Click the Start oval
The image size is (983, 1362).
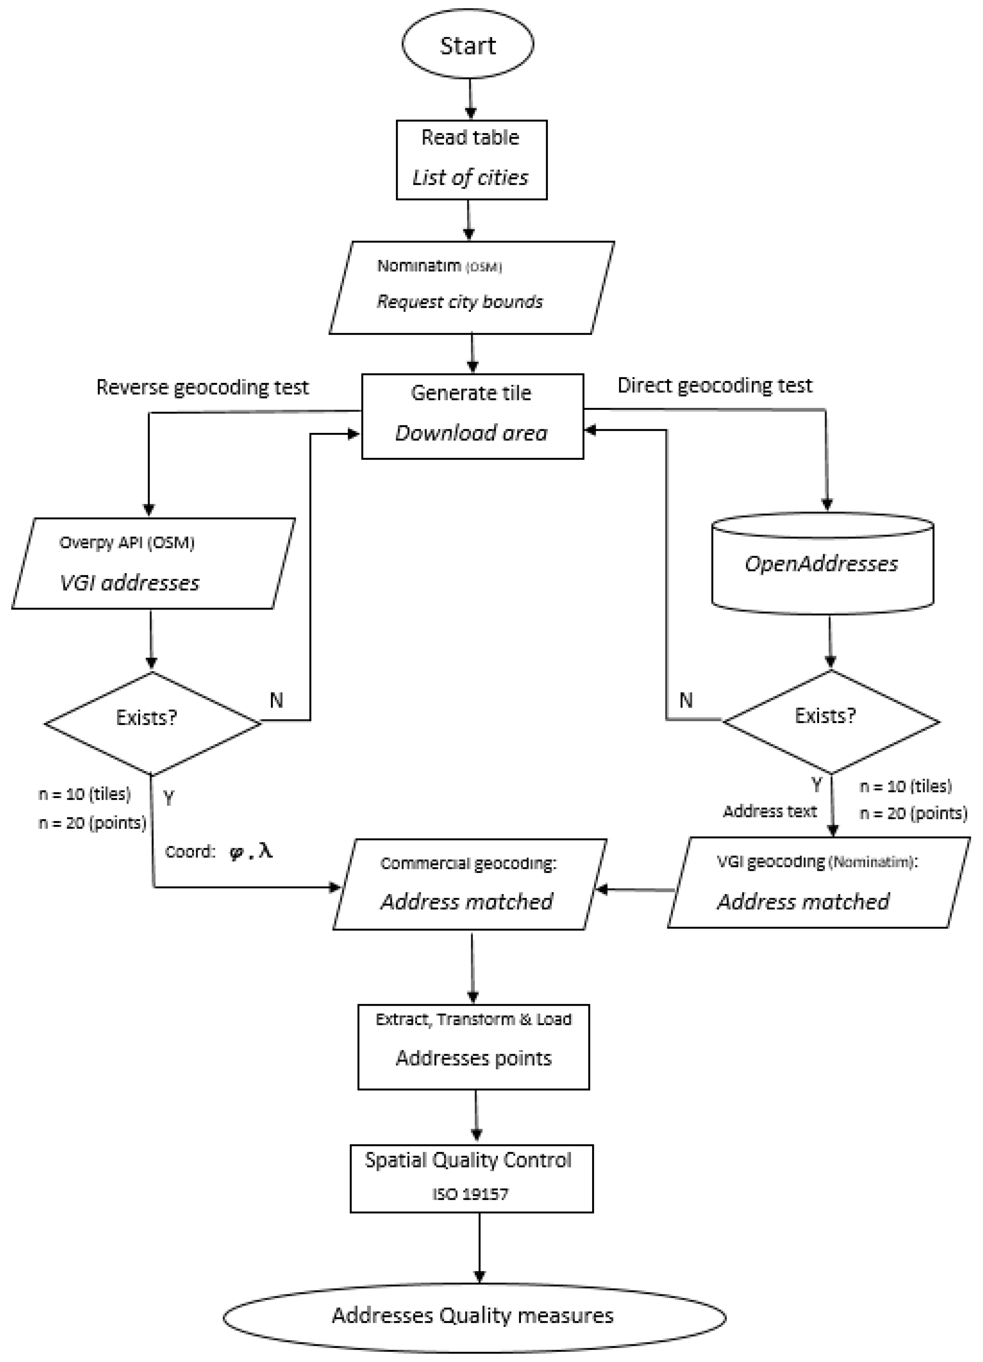pyautogui.click(x=468, y=45)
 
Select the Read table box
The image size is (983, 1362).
pyautogui.click(x=471, y=159)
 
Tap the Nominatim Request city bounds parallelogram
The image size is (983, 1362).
pyautogui.click(x=471, y=288)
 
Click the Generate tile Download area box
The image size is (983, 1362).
pyautogui.click(x=472, y=416)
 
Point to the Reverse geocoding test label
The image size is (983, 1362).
pyautogui.click(x=202, y=387)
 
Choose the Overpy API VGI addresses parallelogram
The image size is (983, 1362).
pyautogui.click(x=153, y=563)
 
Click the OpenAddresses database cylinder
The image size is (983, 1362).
pyautogui.click(x=822, y=563)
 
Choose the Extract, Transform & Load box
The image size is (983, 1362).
pyautogui.click(x=473, y=1046)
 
